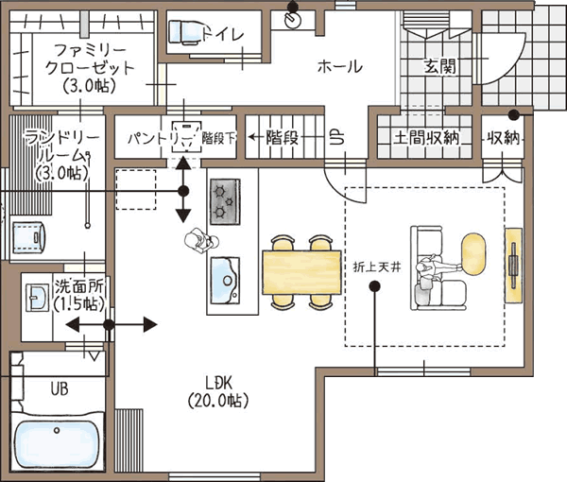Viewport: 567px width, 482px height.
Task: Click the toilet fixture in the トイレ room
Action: tap(184, 33)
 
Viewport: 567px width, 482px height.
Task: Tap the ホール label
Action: tap(340, 67)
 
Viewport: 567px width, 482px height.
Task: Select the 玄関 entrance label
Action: tap(439, 66)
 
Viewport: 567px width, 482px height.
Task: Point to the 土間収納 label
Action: tap(426, 137)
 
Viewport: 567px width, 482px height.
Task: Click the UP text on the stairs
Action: tap(337, 137)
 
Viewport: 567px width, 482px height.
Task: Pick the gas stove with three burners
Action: tap(225, 201)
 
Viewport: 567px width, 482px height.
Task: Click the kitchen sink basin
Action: tap(225, 281)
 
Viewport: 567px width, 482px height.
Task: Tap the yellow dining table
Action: tap(301, 272)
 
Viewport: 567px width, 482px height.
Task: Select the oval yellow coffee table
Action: tap(473, 254)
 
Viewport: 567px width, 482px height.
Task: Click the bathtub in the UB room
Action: tap(57, 445)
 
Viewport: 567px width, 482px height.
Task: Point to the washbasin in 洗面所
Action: tap(37, 297)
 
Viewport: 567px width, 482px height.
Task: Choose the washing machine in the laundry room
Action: tap(29, 237)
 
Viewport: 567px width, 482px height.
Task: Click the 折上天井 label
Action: tap(377, 267)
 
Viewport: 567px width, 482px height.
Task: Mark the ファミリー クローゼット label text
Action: tap(90, 60)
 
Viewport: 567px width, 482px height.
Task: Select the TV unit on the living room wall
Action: tap(513, 265)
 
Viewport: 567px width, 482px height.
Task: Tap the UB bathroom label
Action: tap(60, 389)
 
